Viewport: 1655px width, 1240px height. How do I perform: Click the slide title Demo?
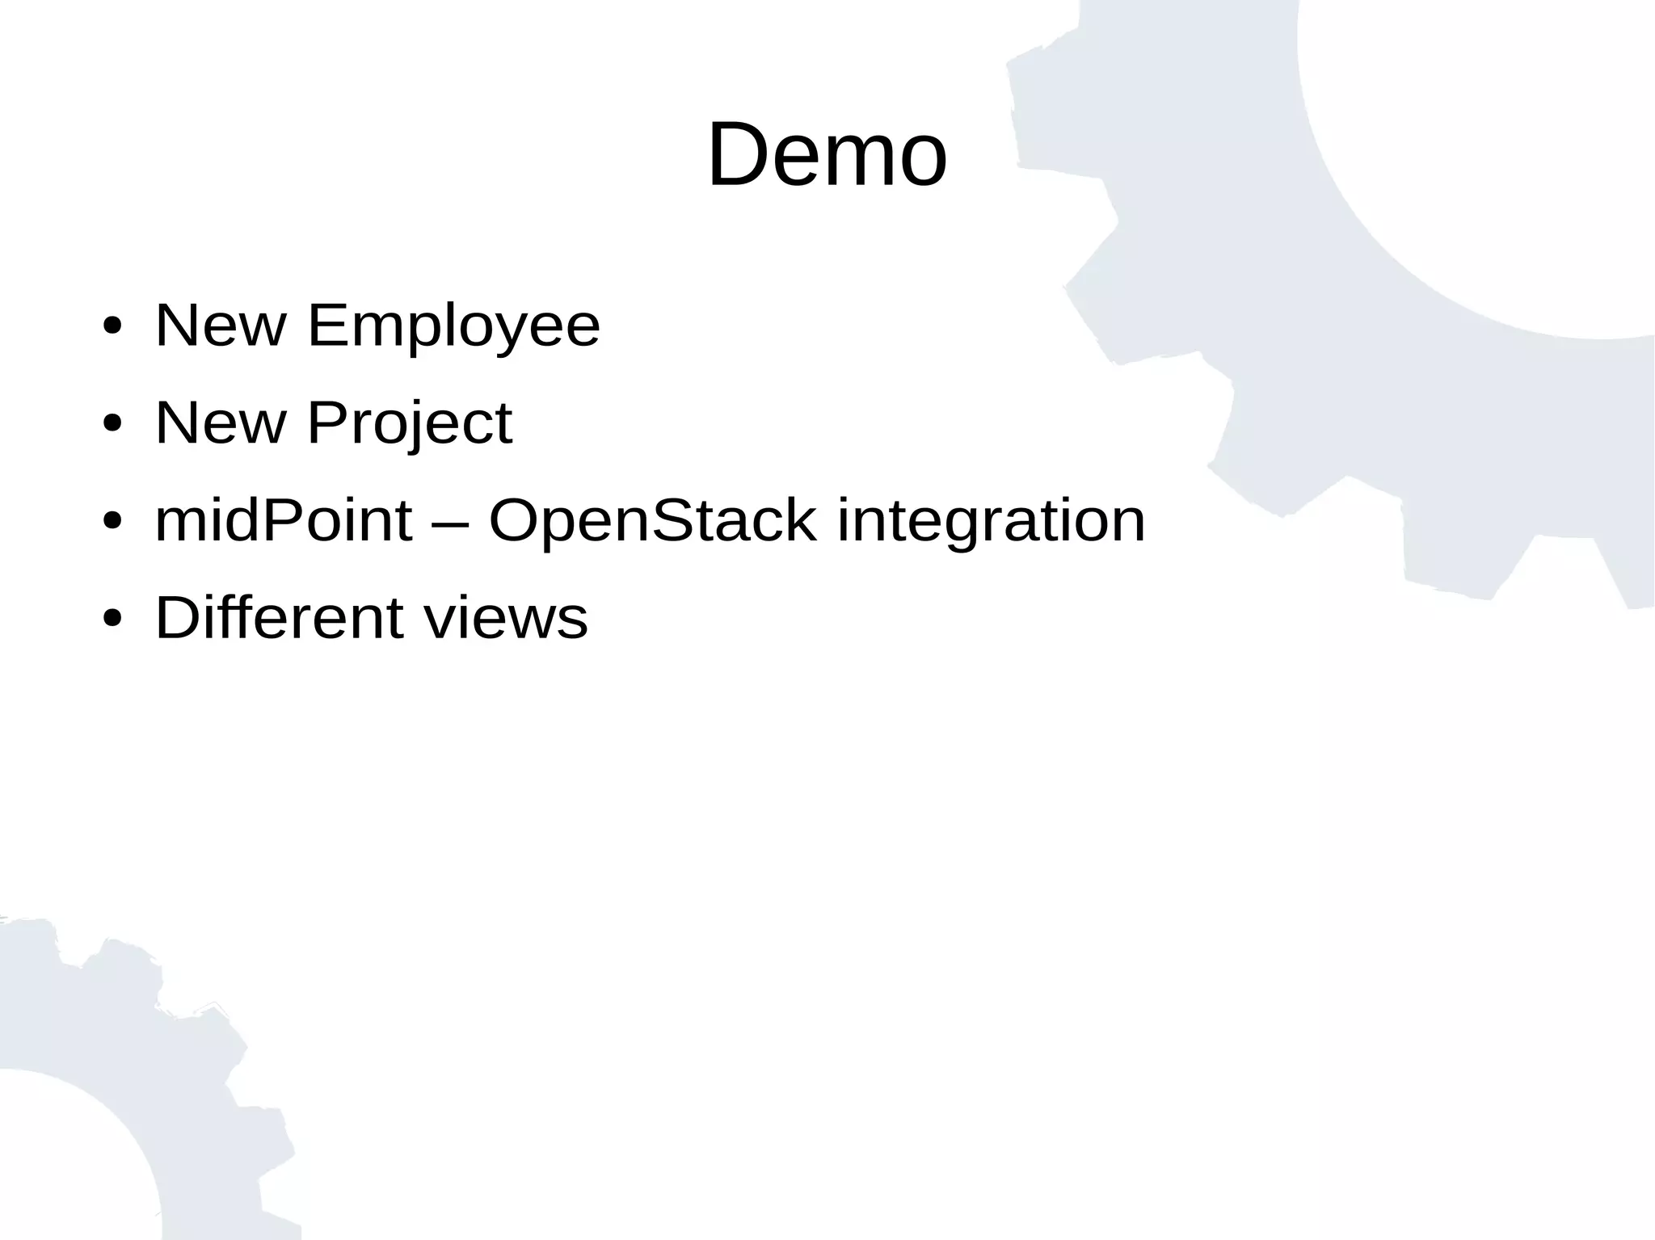pos(827,154)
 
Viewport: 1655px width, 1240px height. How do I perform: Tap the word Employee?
pos(453,326)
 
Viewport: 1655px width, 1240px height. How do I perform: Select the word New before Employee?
pos(221,326)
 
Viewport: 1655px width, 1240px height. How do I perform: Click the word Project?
pos(409,423)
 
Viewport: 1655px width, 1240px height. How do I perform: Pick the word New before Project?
pos(221,423)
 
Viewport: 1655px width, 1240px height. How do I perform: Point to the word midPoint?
pos(284,520)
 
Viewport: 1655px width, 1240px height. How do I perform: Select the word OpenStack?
pos(653,520)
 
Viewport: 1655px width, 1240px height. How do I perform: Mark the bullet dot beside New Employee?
pos(113,327)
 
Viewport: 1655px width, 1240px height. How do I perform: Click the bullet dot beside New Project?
pos(113,425)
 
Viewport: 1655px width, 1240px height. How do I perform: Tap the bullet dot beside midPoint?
pos(113,522)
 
